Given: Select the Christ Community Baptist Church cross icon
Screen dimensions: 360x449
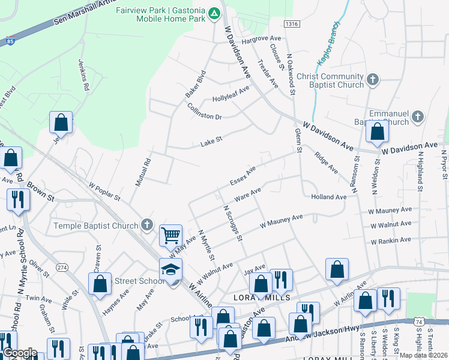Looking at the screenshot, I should [372, 80].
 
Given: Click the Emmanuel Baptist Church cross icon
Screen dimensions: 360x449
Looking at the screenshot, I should [418, 116].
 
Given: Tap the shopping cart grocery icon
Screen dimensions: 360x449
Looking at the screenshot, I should [171, 235].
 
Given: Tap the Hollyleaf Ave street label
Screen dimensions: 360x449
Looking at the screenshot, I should [231, 93].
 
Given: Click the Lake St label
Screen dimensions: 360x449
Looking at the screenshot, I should [211, 142].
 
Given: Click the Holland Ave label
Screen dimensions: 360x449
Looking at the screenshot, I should [329, 197].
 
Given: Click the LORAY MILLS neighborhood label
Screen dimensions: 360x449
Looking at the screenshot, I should [262, 298].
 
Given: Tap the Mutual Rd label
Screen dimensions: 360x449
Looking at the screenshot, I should [147, 170].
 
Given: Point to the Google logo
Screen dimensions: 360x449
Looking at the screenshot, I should [20, 353].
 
